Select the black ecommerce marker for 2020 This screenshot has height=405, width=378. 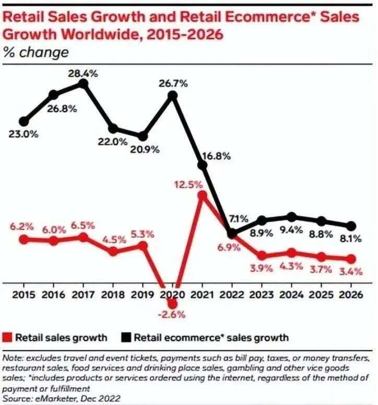tap(173, 96)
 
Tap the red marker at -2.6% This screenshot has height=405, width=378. tap(173, 303)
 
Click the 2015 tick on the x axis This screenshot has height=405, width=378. tap(23, 294)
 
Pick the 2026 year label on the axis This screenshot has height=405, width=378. tap(351, 294)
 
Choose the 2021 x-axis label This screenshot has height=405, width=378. tap(203, 294)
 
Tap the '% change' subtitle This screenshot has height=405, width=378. tap(36, 52)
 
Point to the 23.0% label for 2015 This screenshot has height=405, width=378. tap(23, 134)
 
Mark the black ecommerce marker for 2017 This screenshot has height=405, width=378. tap(83, 84)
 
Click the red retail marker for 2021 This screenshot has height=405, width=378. tap(203, 195)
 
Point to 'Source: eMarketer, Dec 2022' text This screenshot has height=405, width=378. tap(62, 399)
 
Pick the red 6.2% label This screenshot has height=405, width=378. tap(22, 227)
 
